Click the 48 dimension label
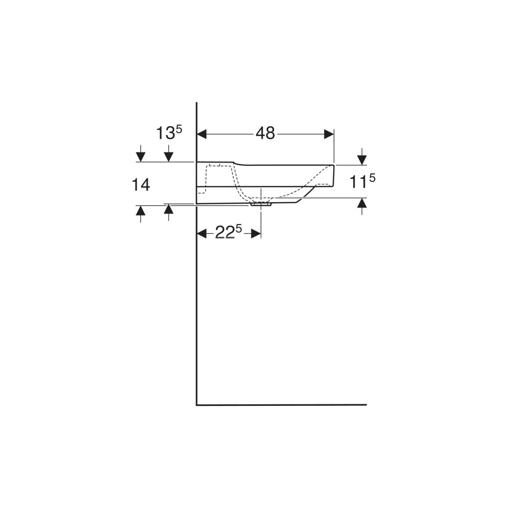(265, 133)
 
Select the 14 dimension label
(141, 185)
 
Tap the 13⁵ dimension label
(170, 133)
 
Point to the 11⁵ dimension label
(362, 181)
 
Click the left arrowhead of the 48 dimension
(202, 134)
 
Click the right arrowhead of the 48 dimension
(329, 134)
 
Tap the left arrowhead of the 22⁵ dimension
(202, 233)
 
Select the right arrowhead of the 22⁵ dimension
(256, 233)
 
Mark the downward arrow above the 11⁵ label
(362, 157)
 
